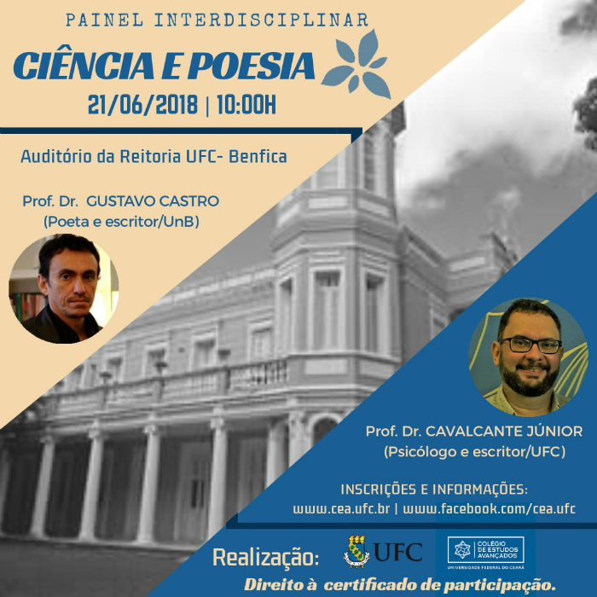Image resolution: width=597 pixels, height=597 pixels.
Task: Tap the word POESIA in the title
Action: click(x=252, y=66)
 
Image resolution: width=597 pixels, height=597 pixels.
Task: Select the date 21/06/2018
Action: click(x=142, y=105)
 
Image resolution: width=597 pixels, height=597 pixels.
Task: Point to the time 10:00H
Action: click(x=246, y=105)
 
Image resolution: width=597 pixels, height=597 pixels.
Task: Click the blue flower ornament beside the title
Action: click(x=356, y=65)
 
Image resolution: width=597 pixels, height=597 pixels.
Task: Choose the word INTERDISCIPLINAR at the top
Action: click(x=261, y=20)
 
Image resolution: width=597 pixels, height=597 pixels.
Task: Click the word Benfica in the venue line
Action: click(x=258, y=156)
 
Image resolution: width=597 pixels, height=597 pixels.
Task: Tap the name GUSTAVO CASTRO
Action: click(x=153, y=201)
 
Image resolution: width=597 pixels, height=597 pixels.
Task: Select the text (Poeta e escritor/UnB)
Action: click(x=121, y=222)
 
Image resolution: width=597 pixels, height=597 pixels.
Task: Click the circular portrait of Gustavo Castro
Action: click(x=64, y=288)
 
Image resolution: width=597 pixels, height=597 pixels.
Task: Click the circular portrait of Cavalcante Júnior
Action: click(x=529, y=357)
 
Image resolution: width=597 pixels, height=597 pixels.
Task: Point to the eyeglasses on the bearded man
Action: click(x=530, y=345)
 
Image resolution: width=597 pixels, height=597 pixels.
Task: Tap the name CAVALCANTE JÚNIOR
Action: click(x=504, y=432)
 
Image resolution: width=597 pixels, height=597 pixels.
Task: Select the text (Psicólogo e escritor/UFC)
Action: click(x=474, y=452)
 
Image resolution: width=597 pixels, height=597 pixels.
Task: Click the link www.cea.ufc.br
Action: click(x=341, y=509)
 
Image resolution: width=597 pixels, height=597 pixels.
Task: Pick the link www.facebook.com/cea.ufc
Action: click(x=490, y=509)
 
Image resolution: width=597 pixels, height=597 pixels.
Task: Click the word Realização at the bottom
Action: click(x=266, y=558)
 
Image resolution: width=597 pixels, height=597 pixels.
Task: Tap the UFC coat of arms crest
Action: click(x=356, y=551)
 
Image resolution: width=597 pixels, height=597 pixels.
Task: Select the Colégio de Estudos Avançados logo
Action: click(x=486, y=553)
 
